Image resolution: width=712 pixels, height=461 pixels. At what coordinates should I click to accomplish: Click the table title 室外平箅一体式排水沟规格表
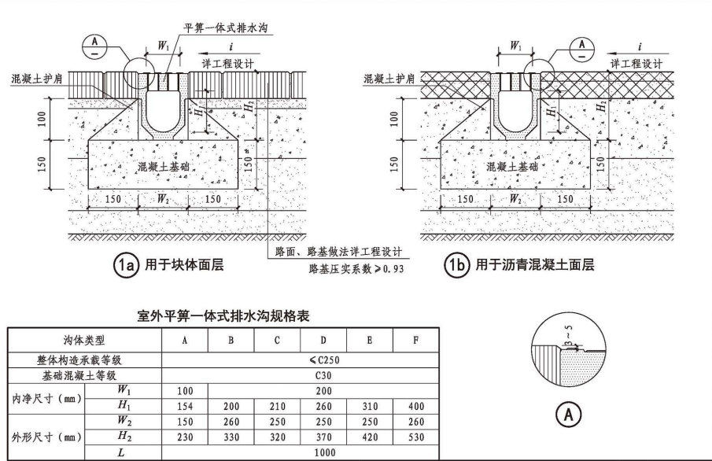click(x=223, y=317)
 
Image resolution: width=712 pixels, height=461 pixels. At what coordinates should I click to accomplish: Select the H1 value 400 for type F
click(x=417, y=406)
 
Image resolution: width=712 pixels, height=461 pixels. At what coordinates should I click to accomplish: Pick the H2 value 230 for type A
click(x=185, y=436)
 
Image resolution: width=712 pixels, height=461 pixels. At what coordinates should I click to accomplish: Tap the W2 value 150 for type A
click(x=185, y=421)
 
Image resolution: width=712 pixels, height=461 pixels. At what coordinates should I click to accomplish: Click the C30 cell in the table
click(x=300, y=375)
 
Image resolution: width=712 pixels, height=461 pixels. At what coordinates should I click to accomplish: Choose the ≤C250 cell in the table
click(x=300, y=360)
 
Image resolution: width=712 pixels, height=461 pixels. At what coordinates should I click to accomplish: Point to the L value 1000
click(x=300, y=452)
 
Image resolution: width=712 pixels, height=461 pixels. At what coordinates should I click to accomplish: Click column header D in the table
click(x=324, y=341)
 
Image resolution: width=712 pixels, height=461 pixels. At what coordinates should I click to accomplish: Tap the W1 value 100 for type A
click(x=185, y=390)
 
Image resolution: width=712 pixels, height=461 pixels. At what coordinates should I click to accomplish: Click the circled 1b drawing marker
click(x=458, y=265)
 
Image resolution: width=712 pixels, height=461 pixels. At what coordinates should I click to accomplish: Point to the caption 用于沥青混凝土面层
click(x=535, y=265)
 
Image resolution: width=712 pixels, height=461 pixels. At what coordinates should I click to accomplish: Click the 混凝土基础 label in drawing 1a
click(x=164, y=167)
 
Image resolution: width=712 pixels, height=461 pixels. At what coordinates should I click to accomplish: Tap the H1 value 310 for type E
click(x=371, y=406)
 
